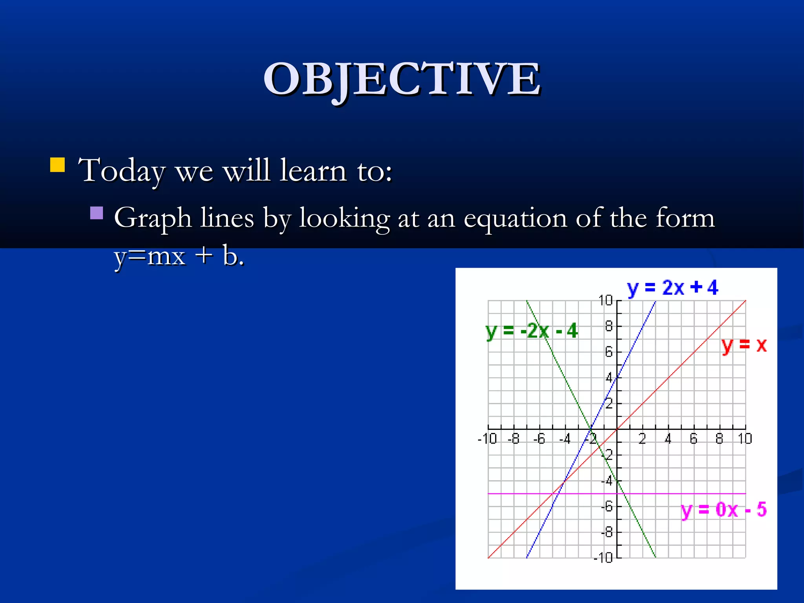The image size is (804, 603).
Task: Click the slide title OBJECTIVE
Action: [402, 80]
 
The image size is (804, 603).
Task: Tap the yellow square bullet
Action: [57, 165]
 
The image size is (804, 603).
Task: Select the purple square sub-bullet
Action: [97, 213]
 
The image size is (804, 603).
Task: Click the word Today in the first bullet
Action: [121, 171]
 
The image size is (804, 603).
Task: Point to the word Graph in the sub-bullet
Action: [153, 218]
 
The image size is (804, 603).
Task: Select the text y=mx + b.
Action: [179, 256]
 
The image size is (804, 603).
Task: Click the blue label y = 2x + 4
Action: [672, 288]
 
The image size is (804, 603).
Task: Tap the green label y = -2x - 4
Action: [532, 331]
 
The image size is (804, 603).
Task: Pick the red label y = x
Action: [744, 345]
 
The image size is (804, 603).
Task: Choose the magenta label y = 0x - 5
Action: [724, 510]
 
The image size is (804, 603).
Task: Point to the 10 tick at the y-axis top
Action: [605, 301]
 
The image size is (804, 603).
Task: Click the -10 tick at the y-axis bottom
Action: [603, 557]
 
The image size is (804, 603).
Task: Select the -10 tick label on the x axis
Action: [487, 439]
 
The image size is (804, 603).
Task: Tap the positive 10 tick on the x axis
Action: [745, 439]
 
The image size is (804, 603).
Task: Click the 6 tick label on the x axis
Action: [694, 439]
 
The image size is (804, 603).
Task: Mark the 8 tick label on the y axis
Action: [608, 326]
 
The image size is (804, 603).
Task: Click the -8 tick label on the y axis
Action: [607, 532]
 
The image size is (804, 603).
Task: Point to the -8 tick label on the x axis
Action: [513, 439]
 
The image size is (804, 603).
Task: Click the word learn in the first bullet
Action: [313, 170]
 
